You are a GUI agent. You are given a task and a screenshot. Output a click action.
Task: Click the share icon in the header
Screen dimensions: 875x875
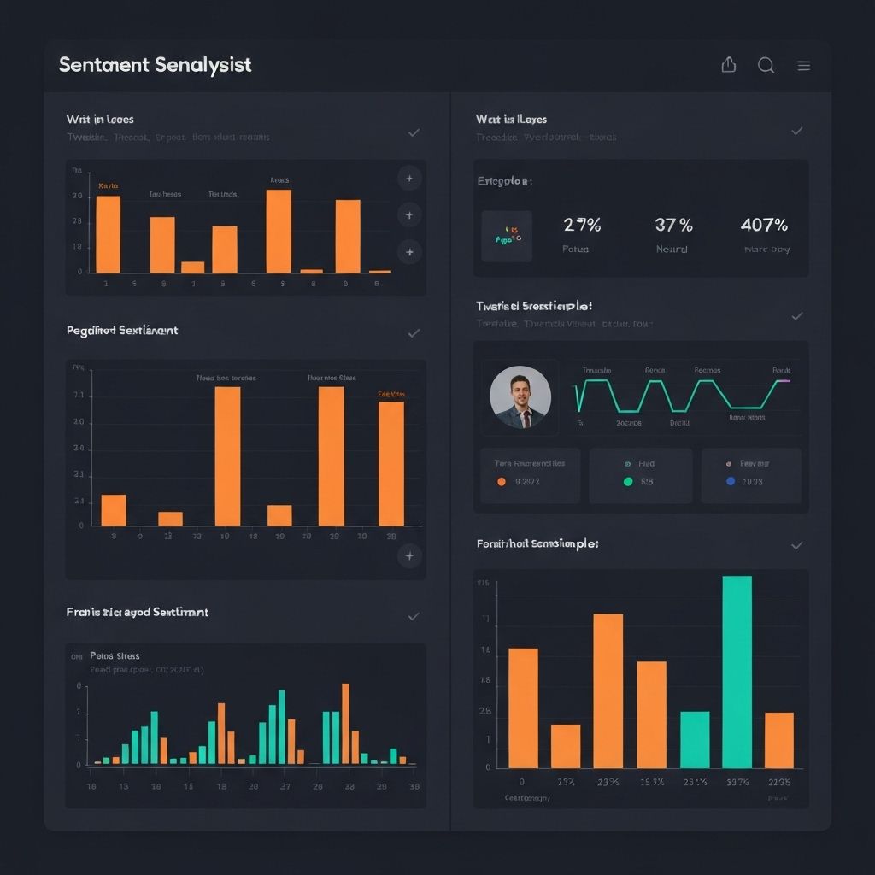(729, 65)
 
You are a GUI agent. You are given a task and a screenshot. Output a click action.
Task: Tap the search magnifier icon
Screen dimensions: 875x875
(766, 66)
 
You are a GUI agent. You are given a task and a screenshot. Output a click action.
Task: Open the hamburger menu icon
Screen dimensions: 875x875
(803, 66)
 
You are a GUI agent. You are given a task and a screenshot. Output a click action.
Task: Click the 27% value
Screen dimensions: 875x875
(582, 225)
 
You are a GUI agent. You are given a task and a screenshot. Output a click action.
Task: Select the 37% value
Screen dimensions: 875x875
(673, 225)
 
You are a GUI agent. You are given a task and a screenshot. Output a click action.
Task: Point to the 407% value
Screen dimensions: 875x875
(764, 225)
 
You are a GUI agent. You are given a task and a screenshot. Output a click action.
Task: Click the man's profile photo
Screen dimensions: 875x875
(520, 397)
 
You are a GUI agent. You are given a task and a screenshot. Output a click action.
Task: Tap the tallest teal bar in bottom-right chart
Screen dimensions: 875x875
(737, 672)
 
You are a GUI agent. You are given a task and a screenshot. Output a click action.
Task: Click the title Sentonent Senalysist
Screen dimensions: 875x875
(156, 65)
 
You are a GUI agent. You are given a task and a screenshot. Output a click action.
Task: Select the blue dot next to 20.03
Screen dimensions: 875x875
(730, 482)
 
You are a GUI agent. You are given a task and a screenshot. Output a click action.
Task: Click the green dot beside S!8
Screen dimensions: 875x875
(628, 482)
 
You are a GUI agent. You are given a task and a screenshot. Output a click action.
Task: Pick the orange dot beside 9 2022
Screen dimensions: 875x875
(502, 482)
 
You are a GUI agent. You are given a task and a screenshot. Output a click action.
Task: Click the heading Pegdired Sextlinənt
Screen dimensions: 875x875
(122, 330)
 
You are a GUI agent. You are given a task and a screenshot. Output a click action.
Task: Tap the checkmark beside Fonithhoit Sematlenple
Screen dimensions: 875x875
(796, 544)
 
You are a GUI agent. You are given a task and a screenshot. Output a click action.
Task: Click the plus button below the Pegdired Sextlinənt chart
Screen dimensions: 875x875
(409, 556)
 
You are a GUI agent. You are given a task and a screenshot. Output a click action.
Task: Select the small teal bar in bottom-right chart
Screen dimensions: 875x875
(695, 739)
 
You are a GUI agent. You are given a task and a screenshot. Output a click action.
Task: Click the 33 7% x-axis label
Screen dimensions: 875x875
(737, 782)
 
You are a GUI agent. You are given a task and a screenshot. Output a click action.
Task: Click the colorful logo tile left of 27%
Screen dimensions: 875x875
(507, 237)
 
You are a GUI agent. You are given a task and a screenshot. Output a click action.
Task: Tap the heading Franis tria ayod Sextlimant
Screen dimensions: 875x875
(138, 612)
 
